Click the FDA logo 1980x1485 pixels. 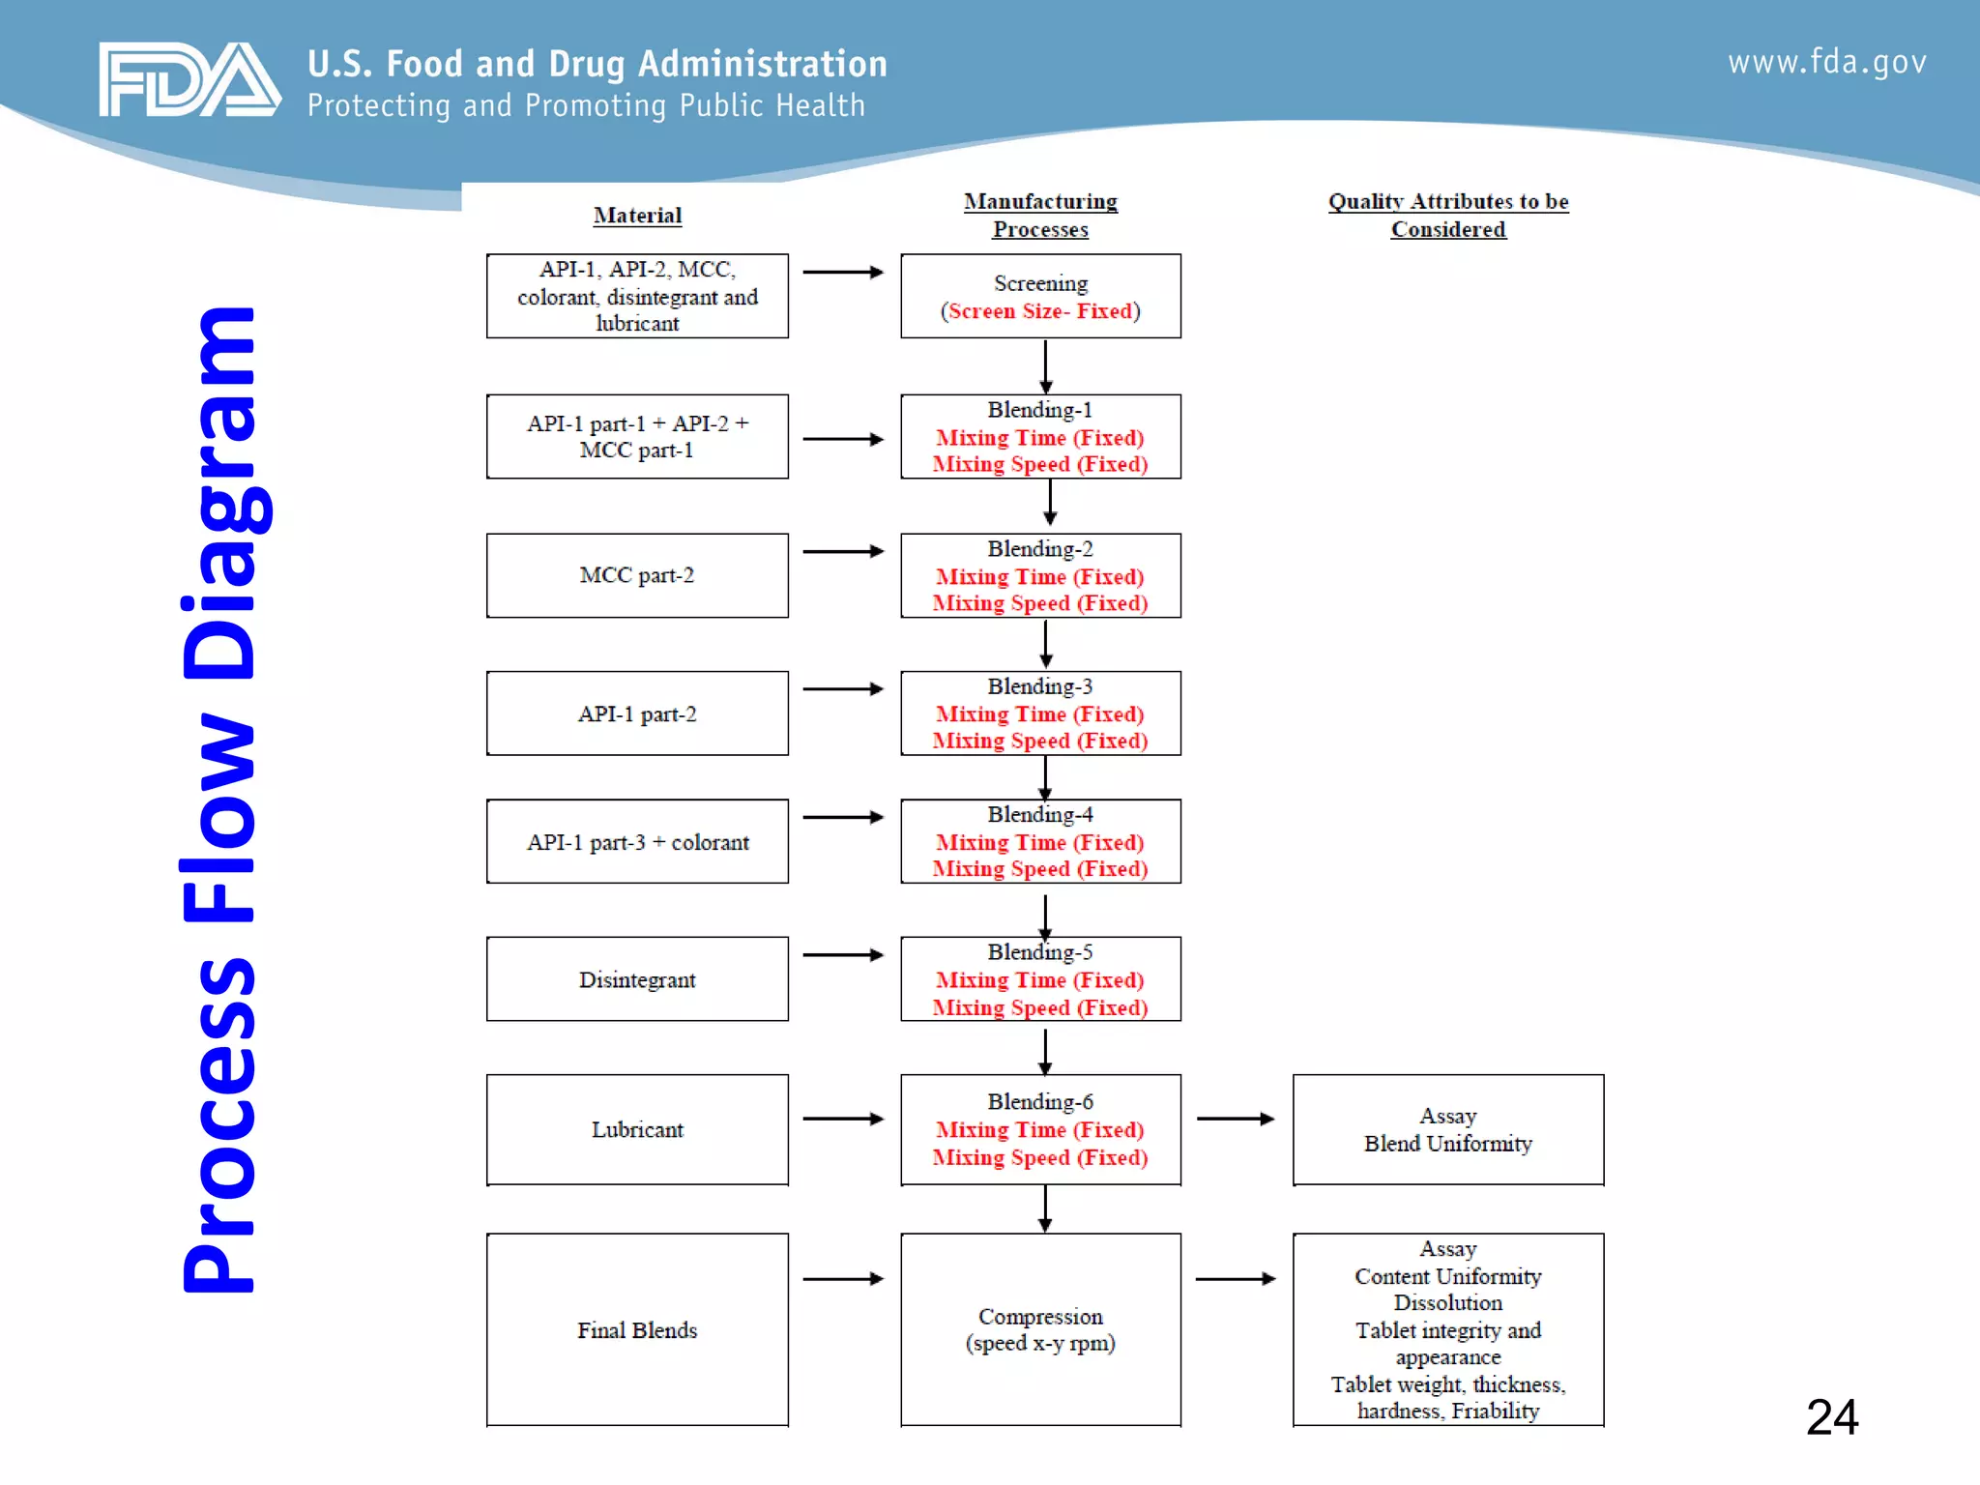pyautogui.click(x=189, y=80)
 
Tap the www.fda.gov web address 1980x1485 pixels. pyautogui.click(x=1826, y=63)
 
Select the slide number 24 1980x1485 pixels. pyautogui.click(x=1831, y=1417)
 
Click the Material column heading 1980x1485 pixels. pyautogui.click(x=637, y=216)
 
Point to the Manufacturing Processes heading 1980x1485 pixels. pyautogui.click(x=1040, y=216)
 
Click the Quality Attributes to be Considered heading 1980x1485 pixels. pyautogui.click(x=1447, y=216)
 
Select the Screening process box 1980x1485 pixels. pyautogui.click(x=1040, y=296)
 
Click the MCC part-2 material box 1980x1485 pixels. pyautogui.click(x=637, y=575)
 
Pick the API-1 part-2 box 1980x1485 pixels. pyautogui.click(x=637, y=713)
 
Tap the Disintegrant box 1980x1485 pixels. pyautogui.click(x=637, y=979)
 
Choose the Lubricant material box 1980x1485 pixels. pyautogui.click(x=637, y=1129)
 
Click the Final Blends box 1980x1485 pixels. pyautogui.click(x=637, y=1329)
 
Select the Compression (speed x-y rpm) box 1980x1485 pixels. pyautogui.click(x=1040, y=1329)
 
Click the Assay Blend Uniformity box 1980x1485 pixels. pyautogui.click(x=1447, y=1129)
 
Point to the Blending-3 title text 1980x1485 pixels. pyautogui.click(x=1040, y=686)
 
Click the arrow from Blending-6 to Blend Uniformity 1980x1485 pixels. pyautogui.click(x=1236, y=1119)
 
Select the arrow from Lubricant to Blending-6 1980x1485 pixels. pyautogui.click(x=843, y=1119)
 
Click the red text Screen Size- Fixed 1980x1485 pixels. pyautogui.click(x=1040, y=311)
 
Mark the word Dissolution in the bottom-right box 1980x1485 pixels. pyautogui.click(x=1447, y=1303)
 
